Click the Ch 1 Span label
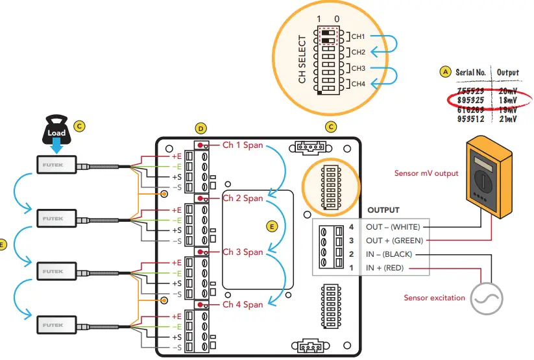tap(243, 145)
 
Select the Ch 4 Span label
tap(243, 304)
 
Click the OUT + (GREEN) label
tap(394, 239)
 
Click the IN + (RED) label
tap(386, 267)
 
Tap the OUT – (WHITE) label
tap(393, 226)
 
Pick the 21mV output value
tap(508, 119)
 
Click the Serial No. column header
tap(471, 72)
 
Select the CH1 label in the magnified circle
tap(358, 36)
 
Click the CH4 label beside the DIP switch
tap(358, 84)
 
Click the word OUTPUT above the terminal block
tap(383, 210)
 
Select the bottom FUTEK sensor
tap(56, 322)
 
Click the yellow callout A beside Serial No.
tap(444, 71)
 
